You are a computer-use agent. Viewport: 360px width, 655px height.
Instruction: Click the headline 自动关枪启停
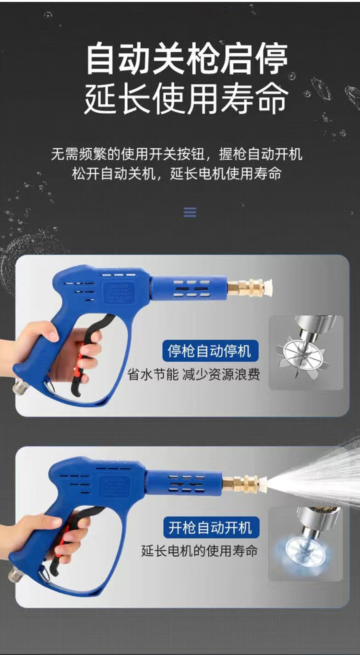(x=187, y=59)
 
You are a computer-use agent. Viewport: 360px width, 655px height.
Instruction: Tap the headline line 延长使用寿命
(x=187, y=98)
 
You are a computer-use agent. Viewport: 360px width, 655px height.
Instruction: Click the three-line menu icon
(x=190, y=212)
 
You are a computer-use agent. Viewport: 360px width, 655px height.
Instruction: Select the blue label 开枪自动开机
(x=210, y=528)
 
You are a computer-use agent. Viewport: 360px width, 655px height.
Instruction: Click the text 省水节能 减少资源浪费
(x=193, y=374)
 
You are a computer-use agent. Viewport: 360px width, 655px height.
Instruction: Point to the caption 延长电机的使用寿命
(x=199, y=551)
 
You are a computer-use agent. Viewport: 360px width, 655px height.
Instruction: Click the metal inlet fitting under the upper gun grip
(x=20, y=387)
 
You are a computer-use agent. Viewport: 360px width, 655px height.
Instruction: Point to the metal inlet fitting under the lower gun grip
(x=15, y=573)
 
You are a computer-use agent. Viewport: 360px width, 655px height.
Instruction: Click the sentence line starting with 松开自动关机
(x=177, y=173)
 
